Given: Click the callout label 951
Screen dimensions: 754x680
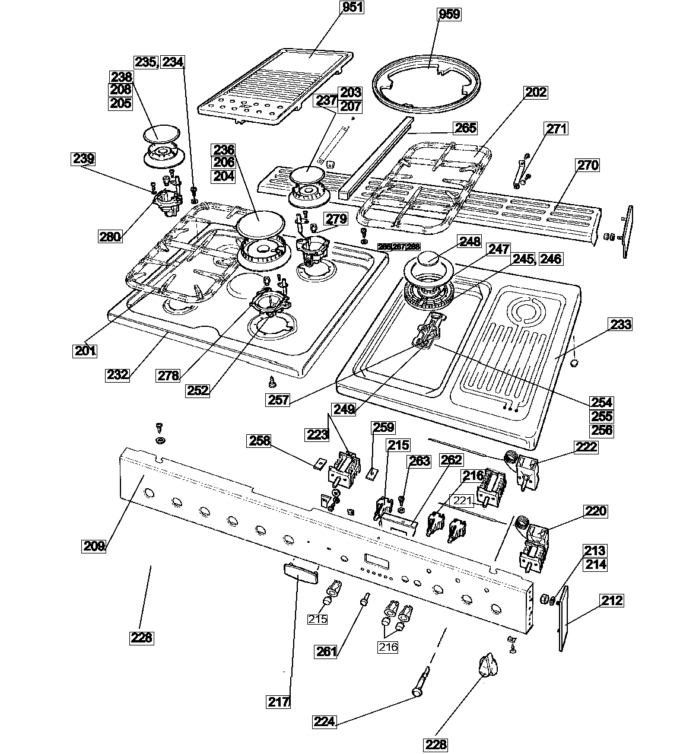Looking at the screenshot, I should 352,8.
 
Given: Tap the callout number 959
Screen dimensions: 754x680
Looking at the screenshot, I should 449,14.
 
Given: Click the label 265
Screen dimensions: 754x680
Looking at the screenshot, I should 465,128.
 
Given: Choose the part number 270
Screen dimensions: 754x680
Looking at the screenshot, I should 587,166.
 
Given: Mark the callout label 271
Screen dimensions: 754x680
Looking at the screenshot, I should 556,129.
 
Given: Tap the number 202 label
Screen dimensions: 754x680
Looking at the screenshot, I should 535,93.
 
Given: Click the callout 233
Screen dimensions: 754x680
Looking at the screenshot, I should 620,324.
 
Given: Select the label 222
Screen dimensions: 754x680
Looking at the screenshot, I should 587,447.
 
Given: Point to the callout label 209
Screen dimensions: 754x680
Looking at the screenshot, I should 94,546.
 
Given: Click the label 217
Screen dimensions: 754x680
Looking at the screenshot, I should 278,702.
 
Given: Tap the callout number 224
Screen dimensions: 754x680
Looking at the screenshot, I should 325,722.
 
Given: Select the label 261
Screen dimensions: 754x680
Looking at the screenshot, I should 326,651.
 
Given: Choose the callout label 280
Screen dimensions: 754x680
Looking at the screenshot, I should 110,237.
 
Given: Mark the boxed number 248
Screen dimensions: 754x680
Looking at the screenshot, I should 469,241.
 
